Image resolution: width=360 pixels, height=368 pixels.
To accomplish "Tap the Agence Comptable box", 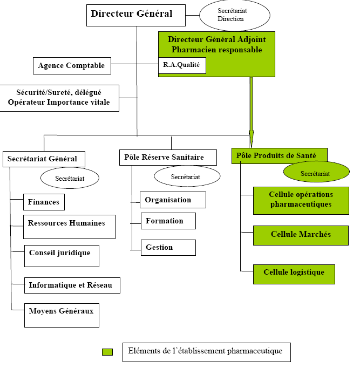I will pyautogui.click(x=72, y=66).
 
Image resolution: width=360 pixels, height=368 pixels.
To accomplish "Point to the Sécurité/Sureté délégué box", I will pyautogui.click(x=59, y=98).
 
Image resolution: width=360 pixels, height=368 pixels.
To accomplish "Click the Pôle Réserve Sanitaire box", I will pyautogui.click(x=167, y=157).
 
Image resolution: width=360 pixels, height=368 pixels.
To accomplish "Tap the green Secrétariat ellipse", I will pyautogui.click(x=315, y=173).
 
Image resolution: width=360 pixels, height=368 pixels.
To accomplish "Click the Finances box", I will pyautogui.click(x=44, y=202).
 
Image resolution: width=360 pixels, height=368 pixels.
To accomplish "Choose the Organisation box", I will pyautogui.click(x=173, y=200).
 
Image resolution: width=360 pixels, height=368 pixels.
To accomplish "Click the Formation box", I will pyautogui.click(x=168, y=221).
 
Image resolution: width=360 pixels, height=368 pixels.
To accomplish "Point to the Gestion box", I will pyautogui.click(x=168, y=247).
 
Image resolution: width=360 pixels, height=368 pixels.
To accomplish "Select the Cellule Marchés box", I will pyautogui.click(x=301, y=235).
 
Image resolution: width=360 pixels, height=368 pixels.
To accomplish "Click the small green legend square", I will pyautogui.click(x=107, y=352).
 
